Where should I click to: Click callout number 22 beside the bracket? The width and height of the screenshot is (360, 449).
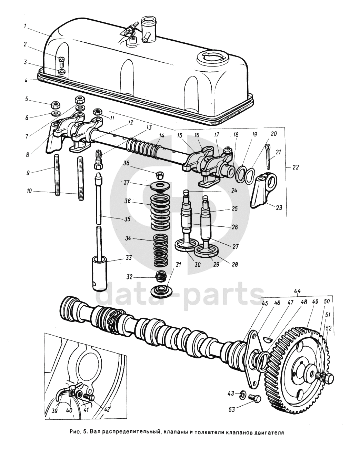[295, 167]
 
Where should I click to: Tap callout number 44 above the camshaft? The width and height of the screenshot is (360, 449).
[298, 292]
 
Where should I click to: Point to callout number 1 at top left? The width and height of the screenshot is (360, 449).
[25, 25]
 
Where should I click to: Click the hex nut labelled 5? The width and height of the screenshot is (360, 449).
[54, 104]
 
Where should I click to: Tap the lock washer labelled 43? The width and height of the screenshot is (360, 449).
[243, 393]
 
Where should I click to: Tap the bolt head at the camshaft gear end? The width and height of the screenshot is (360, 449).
[328, 378]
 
